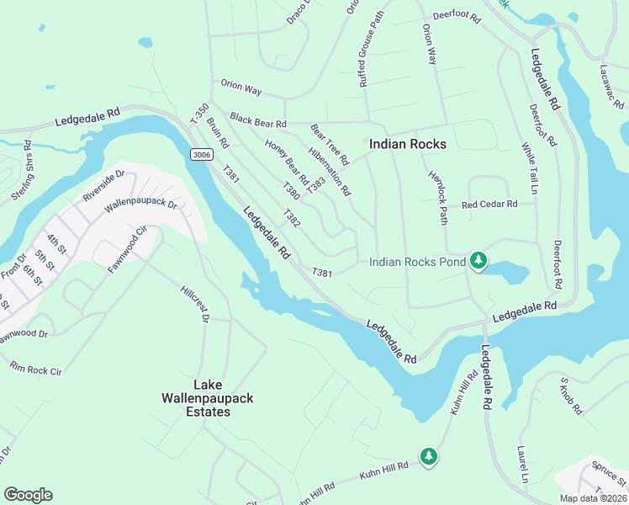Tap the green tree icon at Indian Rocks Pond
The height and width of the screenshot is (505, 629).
pos(478,261)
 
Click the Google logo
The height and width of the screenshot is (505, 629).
pos(28,494)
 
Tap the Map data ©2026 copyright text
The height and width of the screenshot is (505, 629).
pos(593,497)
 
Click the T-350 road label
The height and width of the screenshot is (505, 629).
pos(199,114)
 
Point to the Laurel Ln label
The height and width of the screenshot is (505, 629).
pos(522,464)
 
